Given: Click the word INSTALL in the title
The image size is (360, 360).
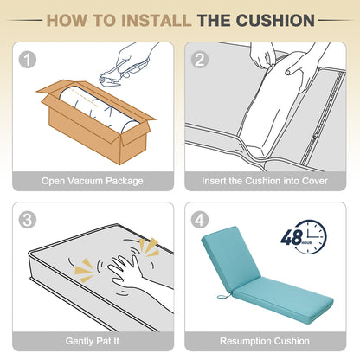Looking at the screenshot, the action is coord(156,21).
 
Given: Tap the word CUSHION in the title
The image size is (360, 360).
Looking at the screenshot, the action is coord(275,21).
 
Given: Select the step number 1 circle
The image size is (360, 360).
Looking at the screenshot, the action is coord(28,60).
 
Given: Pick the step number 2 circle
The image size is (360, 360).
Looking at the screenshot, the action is coord(200,60).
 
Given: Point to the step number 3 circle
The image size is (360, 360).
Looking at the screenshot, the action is coord(28,220).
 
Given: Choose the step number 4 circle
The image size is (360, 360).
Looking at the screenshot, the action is coord(200,220).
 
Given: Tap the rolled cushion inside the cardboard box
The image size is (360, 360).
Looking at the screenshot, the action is coord(98,111).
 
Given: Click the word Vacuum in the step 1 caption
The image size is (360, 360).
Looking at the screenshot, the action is coord(82,181).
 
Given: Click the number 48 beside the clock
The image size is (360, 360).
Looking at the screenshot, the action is coord(292,238).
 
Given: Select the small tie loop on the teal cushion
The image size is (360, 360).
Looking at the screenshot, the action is coord(223,296).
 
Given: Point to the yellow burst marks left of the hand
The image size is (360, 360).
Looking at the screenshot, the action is coord(84,271).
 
